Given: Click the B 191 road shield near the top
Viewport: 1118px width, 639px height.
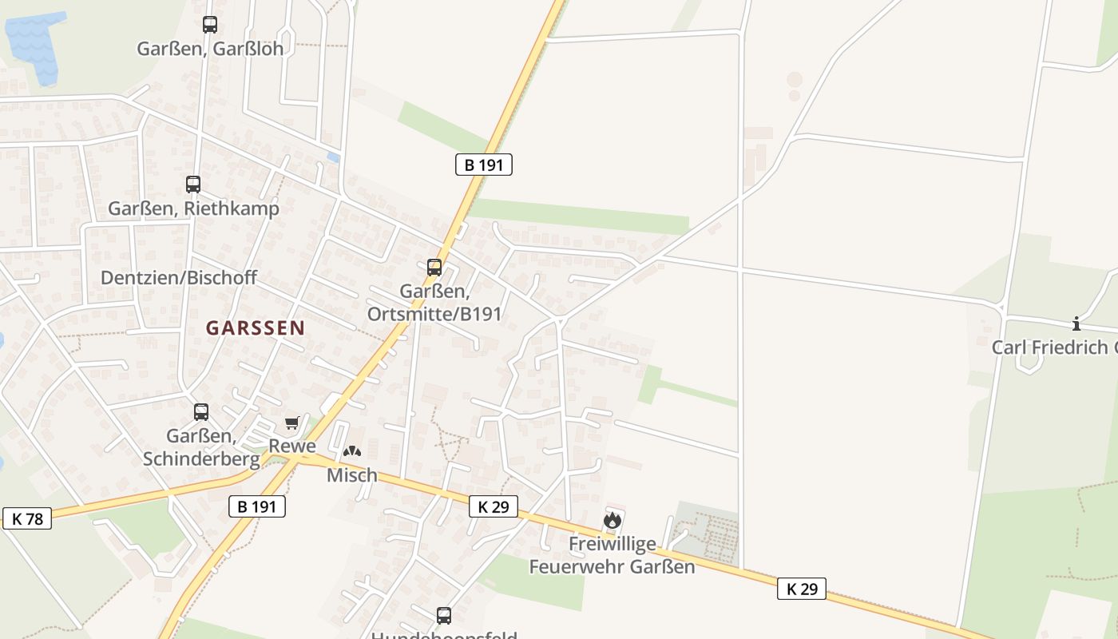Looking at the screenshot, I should point(483,165).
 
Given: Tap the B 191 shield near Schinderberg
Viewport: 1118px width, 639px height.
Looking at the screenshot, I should point(256,506).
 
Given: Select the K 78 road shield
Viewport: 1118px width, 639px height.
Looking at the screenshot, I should point(27,518).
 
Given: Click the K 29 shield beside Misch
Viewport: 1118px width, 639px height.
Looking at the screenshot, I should point(493,506).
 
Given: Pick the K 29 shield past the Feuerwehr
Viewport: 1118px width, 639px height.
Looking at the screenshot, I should point(802,589).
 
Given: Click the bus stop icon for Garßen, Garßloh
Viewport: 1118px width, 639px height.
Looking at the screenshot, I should point(210,25).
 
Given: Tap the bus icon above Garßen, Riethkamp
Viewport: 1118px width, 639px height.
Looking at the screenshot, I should point(193,185).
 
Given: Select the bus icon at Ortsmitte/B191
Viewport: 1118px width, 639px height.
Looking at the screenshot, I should point(434,268).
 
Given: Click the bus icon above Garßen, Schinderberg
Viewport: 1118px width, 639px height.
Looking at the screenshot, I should point(201,412).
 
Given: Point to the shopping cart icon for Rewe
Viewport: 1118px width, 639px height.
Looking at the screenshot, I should point(291,423).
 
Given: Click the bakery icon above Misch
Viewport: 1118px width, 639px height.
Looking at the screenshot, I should point(351,451).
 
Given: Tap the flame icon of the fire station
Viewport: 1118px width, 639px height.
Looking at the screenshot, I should point(613,521).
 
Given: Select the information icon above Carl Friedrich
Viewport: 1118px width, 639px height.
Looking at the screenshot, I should point(1076,323).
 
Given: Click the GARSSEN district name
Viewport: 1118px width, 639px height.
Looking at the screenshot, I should point(256,327).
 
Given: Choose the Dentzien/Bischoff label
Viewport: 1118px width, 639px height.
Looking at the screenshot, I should point(179,278).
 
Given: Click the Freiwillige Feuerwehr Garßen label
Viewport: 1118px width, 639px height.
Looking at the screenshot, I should point(613,555).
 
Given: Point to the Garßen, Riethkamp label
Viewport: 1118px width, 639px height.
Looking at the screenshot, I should point(194,208).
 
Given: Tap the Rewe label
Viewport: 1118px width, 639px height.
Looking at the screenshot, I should point(292,446).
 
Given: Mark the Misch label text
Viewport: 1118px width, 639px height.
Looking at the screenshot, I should point(352,475).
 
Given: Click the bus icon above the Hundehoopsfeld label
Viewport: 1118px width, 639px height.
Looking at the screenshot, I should point(444,616).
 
